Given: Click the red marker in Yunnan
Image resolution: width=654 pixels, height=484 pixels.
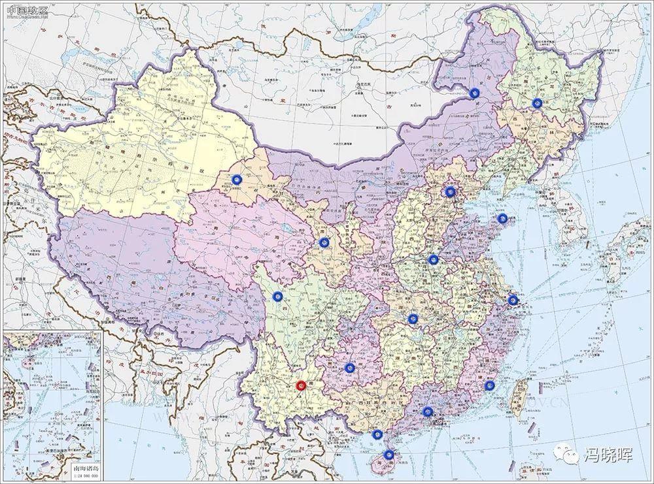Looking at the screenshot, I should [x=300, y=386].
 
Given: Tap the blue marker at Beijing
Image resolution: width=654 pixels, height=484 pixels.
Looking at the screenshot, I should [x=450, y=191].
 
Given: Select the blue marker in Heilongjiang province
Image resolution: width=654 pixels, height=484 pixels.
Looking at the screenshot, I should [x=537, y=103].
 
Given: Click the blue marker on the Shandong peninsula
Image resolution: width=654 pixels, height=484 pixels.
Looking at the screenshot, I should [x=502, y=219].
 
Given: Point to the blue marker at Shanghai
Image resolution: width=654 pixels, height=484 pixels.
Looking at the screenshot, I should [x=513, y=300].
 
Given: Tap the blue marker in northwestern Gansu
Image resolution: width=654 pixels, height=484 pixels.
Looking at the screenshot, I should [x=237, y=178].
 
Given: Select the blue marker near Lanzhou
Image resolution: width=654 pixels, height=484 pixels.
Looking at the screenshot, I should [x=323, y=242].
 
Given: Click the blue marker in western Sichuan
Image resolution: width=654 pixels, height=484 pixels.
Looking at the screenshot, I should [x=277, y=297].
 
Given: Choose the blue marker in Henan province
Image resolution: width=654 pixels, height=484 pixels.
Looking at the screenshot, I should [x=432, y=259].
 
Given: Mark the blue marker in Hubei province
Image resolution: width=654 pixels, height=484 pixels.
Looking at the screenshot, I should [x=413, y=319].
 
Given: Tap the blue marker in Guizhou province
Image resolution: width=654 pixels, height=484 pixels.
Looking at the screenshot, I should [x=349, y=368].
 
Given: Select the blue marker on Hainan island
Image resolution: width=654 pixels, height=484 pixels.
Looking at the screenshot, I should [x=388, y=455].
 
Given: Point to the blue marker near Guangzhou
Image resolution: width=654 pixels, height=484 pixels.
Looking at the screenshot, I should [x=427, y=411].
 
